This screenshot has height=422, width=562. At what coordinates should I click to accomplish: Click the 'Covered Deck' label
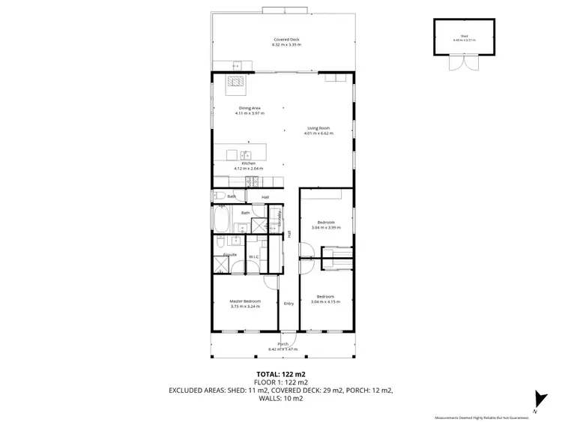pyautogui.click(x=285, y=39)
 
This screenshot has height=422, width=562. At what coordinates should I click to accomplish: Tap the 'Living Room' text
pyautogui.click(x=318, y=128)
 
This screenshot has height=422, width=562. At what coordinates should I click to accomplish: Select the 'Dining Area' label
pyautogui.click(x=249, y=109)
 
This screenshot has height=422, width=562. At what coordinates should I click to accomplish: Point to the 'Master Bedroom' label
pyautogui.click(x=245, y=301)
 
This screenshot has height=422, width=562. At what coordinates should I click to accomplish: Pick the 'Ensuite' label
pyautogui.click(x=230, y=255)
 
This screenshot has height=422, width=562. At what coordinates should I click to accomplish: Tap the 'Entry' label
pyautogui.click(x=288, y=304)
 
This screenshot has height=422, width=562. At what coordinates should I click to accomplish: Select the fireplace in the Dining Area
pyautogui.click(x=237, y=82)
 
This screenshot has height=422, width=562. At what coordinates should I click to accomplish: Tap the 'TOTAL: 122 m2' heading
pyautogui.click(x=281, y=373)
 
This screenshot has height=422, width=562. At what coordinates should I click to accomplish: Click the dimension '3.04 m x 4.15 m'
pyautogui.click(x=325, y=301)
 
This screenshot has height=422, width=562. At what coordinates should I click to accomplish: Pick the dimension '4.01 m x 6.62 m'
pyautogui.click(x=318, y=133)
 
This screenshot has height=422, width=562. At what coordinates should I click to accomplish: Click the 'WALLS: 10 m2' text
pyautogui.click(x=281, y=399)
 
